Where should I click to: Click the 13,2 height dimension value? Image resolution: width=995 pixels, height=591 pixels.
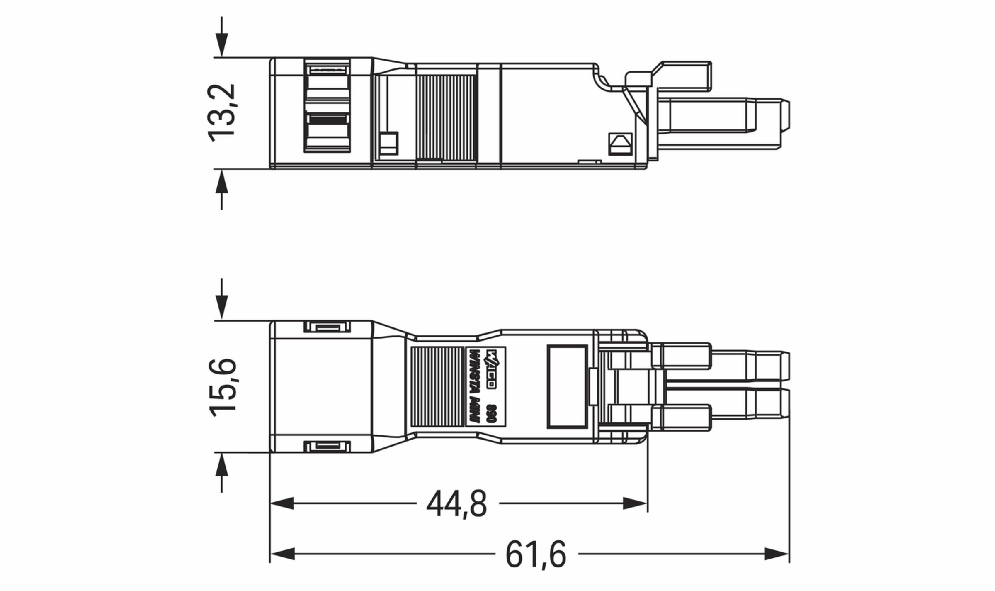222,113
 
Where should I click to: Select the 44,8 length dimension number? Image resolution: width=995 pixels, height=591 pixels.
456,504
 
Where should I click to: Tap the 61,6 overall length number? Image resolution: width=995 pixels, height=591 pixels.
536,554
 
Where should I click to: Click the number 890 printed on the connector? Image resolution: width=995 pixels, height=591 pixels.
492,413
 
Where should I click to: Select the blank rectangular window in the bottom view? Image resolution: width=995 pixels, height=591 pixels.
567,386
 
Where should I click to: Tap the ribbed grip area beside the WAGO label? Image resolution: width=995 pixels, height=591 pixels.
438,386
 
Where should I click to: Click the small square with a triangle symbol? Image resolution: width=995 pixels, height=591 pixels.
620,144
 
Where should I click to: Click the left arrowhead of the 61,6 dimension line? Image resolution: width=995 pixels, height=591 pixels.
283,554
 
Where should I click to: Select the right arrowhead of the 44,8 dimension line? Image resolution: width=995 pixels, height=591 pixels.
635,503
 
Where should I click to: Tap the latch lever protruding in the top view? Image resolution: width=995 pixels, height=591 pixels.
684,76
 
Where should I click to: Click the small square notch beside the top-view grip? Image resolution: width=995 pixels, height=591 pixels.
389,144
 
